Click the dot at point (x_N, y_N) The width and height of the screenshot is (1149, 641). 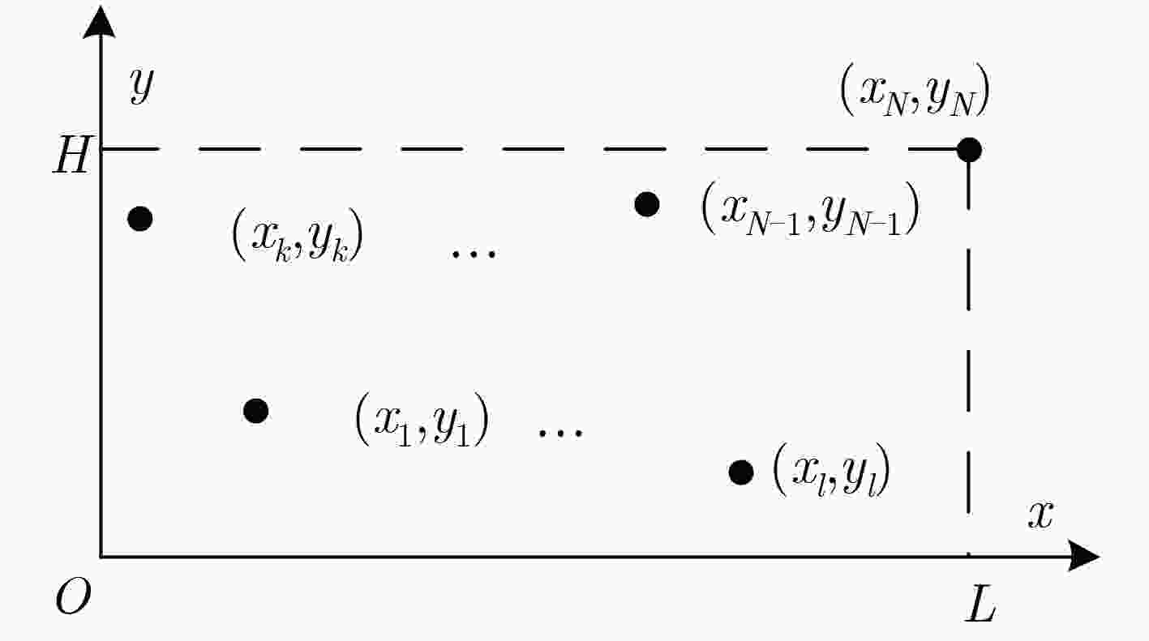click(969, 150)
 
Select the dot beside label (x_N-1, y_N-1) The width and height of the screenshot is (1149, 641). click(647, 204)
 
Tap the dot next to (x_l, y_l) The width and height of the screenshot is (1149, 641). click(741, 472)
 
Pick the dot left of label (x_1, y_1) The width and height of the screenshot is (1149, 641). click(256, 411)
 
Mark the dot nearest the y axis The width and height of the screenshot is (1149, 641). click(140, 219)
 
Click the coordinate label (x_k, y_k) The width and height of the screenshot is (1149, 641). click(298, 235)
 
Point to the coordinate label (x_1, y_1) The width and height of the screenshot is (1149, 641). click(422, 419)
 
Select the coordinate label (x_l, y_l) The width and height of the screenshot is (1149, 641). click(831, 470)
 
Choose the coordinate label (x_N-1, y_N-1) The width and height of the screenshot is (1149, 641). click(810, 208)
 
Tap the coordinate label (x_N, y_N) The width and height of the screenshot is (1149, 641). click(915, 91)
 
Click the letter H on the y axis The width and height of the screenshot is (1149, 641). click(72, 155)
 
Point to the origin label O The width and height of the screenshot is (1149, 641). click(73, 596)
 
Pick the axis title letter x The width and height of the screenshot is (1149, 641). click(1041, 515)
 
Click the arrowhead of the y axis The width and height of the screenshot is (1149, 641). click(100, 22)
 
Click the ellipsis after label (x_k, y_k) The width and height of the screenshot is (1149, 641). click(474, 254)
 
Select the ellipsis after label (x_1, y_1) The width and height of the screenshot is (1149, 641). click(560, 434)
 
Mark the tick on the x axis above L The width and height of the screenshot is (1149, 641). click(968, 553)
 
